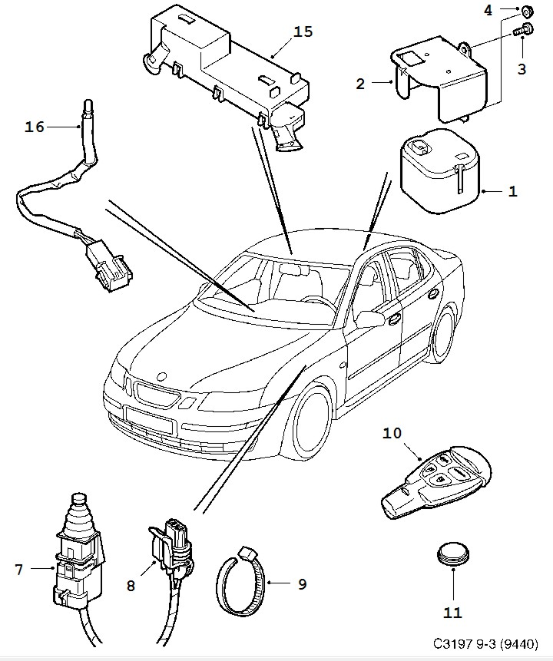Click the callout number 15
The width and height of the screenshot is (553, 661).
303,31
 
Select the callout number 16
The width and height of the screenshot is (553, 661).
35,127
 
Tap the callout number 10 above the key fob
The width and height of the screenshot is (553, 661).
392,433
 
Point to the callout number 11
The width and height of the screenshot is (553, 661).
452,612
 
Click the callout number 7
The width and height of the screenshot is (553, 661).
18,570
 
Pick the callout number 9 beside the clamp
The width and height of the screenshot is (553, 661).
302,584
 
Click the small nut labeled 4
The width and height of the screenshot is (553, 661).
525,12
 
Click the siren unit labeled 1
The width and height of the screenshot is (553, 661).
439,171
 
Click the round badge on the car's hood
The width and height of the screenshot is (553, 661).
162,376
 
